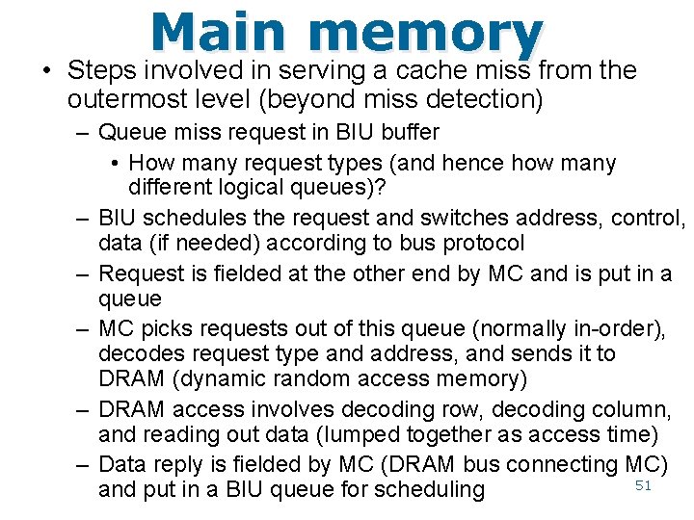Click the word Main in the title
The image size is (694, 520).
(219, 34)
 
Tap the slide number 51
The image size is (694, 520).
(644, 485)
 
